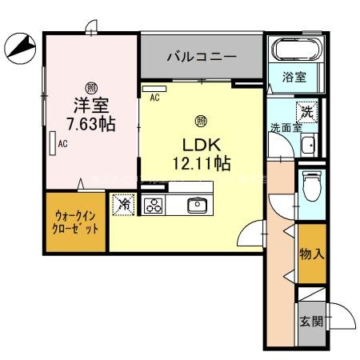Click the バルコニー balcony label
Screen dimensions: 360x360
pos(201,57)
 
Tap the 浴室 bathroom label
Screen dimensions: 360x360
pos(294,78)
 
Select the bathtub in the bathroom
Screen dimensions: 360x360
pos(295,50)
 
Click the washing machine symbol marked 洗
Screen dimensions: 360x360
pos(306,113)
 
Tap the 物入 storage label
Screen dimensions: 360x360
pos(312,255)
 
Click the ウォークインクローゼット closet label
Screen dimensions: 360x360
pos(76,222)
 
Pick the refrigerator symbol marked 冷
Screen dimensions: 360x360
pos(124,204)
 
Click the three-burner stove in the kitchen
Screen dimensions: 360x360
pos(153,205)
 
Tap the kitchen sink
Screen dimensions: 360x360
pos(198,205)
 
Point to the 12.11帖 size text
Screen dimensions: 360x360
pos(202,163)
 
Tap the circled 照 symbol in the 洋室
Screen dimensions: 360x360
pos(91,86)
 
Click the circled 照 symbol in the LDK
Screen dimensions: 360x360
pos(201,122)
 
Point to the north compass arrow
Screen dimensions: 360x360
pos(19,49)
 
